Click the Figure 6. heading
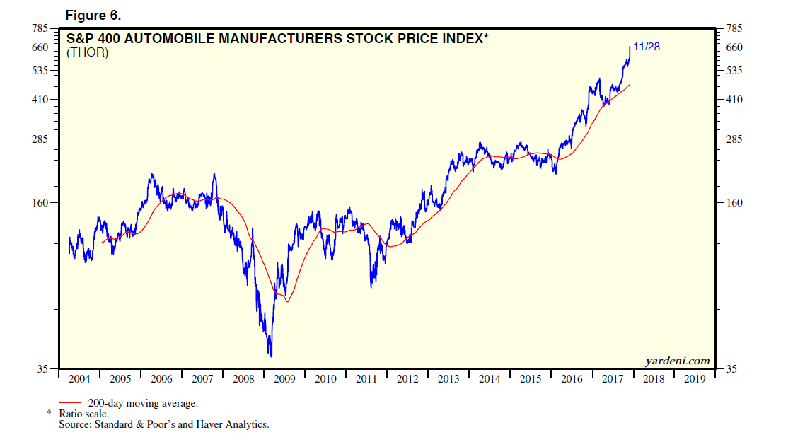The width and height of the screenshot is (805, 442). coord(93,16)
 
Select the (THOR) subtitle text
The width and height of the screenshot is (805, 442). coord(87,52)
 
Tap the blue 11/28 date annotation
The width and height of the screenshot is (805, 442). coord(647,47)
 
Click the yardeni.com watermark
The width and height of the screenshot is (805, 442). coord(677,361)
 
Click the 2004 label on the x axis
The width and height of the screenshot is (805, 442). coord(79,379)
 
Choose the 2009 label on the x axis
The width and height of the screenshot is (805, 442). coord(284,379)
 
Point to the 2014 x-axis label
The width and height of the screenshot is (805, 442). coord(490,379)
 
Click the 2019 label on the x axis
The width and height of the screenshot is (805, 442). coord(695,379)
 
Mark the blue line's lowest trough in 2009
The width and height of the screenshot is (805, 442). coord(271,356)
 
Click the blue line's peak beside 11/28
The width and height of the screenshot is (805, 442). coord(630,47)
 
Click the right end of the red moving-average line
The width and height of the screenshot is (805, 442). coord(629,85)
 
